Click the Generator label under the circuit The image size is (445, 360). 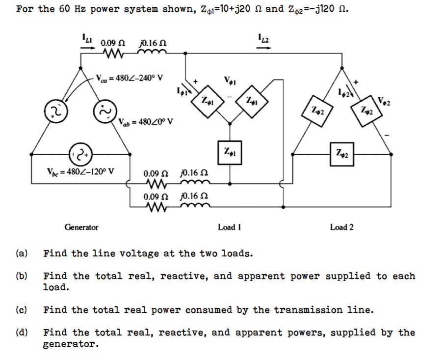81,227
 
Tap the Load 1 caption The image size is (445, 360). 229,227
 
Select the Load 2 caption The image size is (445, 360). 342,227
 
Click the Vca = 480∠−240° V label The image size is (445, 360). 130,78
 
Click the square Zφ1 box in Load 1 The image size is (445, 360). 229,150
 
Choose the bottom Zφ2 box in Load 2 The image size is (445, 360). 342,154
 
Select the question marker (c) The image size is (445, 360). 21,310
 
